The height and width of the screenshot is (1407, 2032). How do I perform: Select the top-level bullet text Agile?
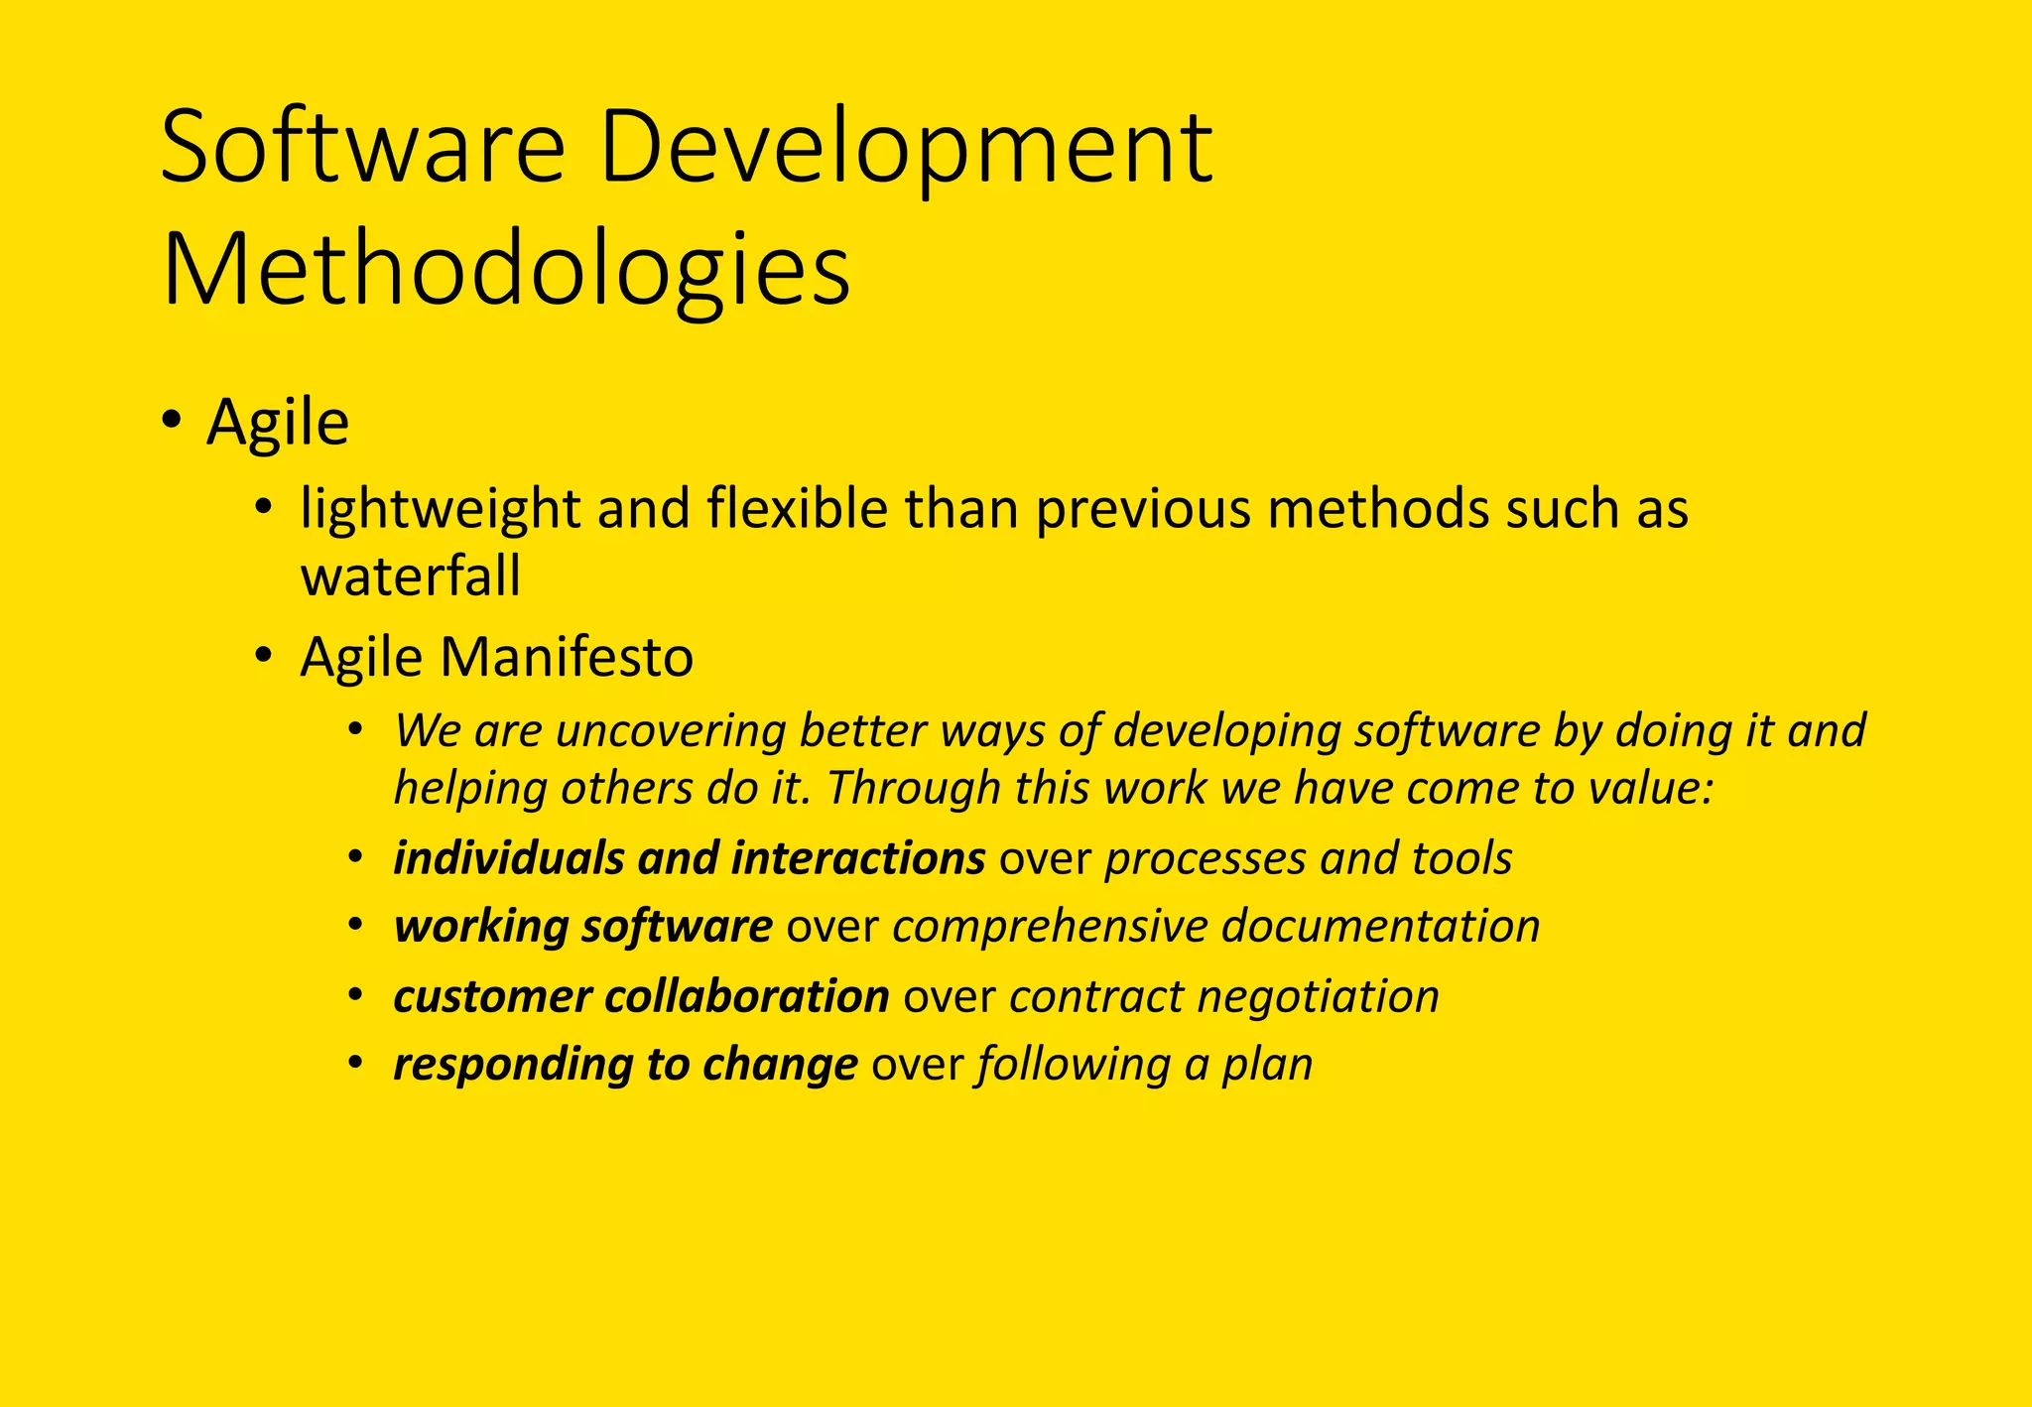[x=278, y=424]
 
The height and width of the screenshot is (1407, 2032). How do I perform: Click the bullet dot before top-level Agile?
[x=172, y=420]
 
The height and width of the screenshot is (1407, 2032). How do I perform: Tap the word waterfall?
[x=410, y=576]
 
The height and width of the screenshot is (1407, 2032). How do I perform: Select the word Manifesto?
[x=568, y=657]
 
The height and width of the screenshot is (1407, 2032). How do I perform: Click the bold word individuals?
[x=507, y=858]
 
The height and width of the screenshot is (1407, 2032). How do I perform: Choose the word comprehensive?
[x=1049, y=927]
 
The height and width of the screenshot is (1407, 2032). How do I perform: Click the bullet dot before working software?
[x=355, y=926]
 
